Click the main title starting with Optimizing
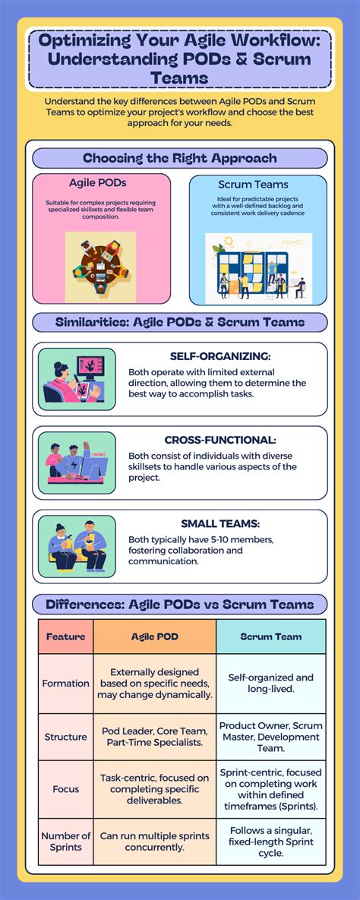point(180,58)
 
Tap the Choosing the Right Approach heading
point(180,158)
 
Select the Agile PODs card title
point(98,183)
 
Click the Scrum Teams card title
point(252,185)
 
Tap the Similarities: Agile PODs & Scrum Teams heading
point(180,322)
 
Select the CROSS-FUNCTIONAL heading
point(219,440)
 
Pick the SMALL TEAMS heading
point(219,523)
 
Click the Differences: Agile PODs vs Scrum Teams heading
point(180,605)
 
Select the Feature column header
point(65,636)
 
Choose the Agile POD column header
point(154,636)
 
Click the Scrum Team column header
point(271,636)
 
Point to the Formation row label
point(65,684)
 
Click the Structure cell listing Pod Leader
point(154,736)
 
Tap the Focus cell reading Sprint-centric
point(271,789)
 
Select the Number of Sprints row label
point(65,842)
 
